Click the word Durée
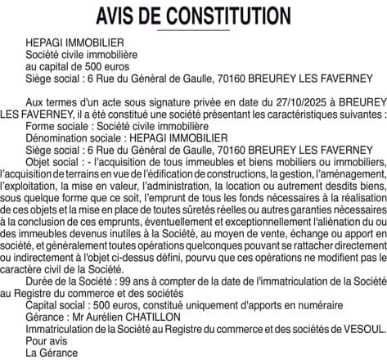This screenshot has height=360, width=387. (41, 281)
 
